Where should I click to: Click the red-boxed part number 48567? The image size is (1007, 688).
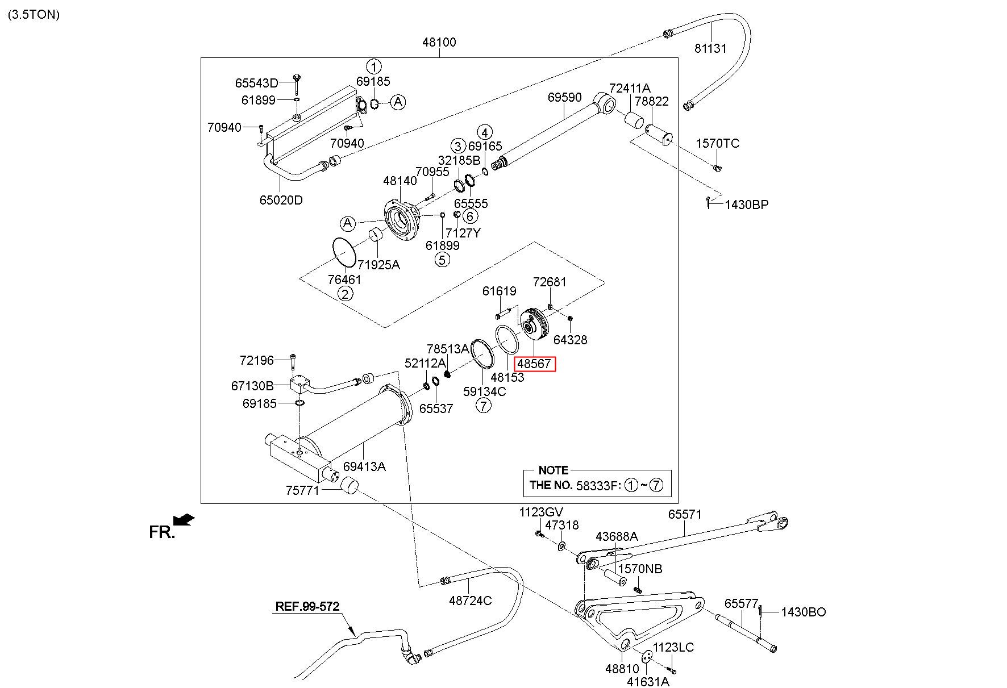tap(534, 364)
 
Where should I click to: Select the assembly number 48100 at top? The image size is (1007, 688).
tap(439, 42)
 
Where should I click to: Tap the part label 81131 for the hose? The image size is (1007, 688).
tap(710, 49)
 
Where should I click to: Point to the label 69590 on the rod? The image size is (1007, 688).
tap(564, 98)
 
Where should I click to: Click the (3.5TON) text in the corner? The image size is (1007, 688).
tap(34, 15)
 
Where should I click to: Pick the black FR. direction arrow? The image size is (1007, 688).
tap(184, 519)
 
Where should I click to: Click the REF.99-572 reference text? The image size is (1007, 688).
tap(307, 606)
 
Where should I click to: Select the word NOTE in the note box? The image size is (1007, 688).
tap(553, 470)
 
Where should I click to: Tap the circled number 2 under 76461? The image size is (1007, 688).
tap(345, 294)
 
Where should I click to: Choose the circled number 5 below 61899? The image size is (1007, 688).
tap(442, 260)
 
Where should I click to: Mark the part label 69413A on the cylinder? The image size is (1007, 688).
tap(364, 466)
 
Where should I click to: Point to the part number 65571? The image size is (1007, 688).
tap(685, 514)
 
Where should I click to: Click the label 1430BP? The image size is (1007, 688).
tap(746, 205)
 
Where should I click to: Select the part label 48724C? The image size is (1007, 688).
tap(470, 601)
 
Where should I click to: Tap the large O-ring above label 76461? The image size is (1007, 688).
tap(343, 251)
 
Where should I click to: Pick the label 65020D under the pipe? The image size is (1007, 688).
tap(281, 200)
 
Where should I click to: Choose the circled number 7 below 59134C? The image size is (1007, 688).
tap(483, 406)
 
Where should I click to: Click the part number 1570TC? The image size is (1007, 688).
tap(718, 144)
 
